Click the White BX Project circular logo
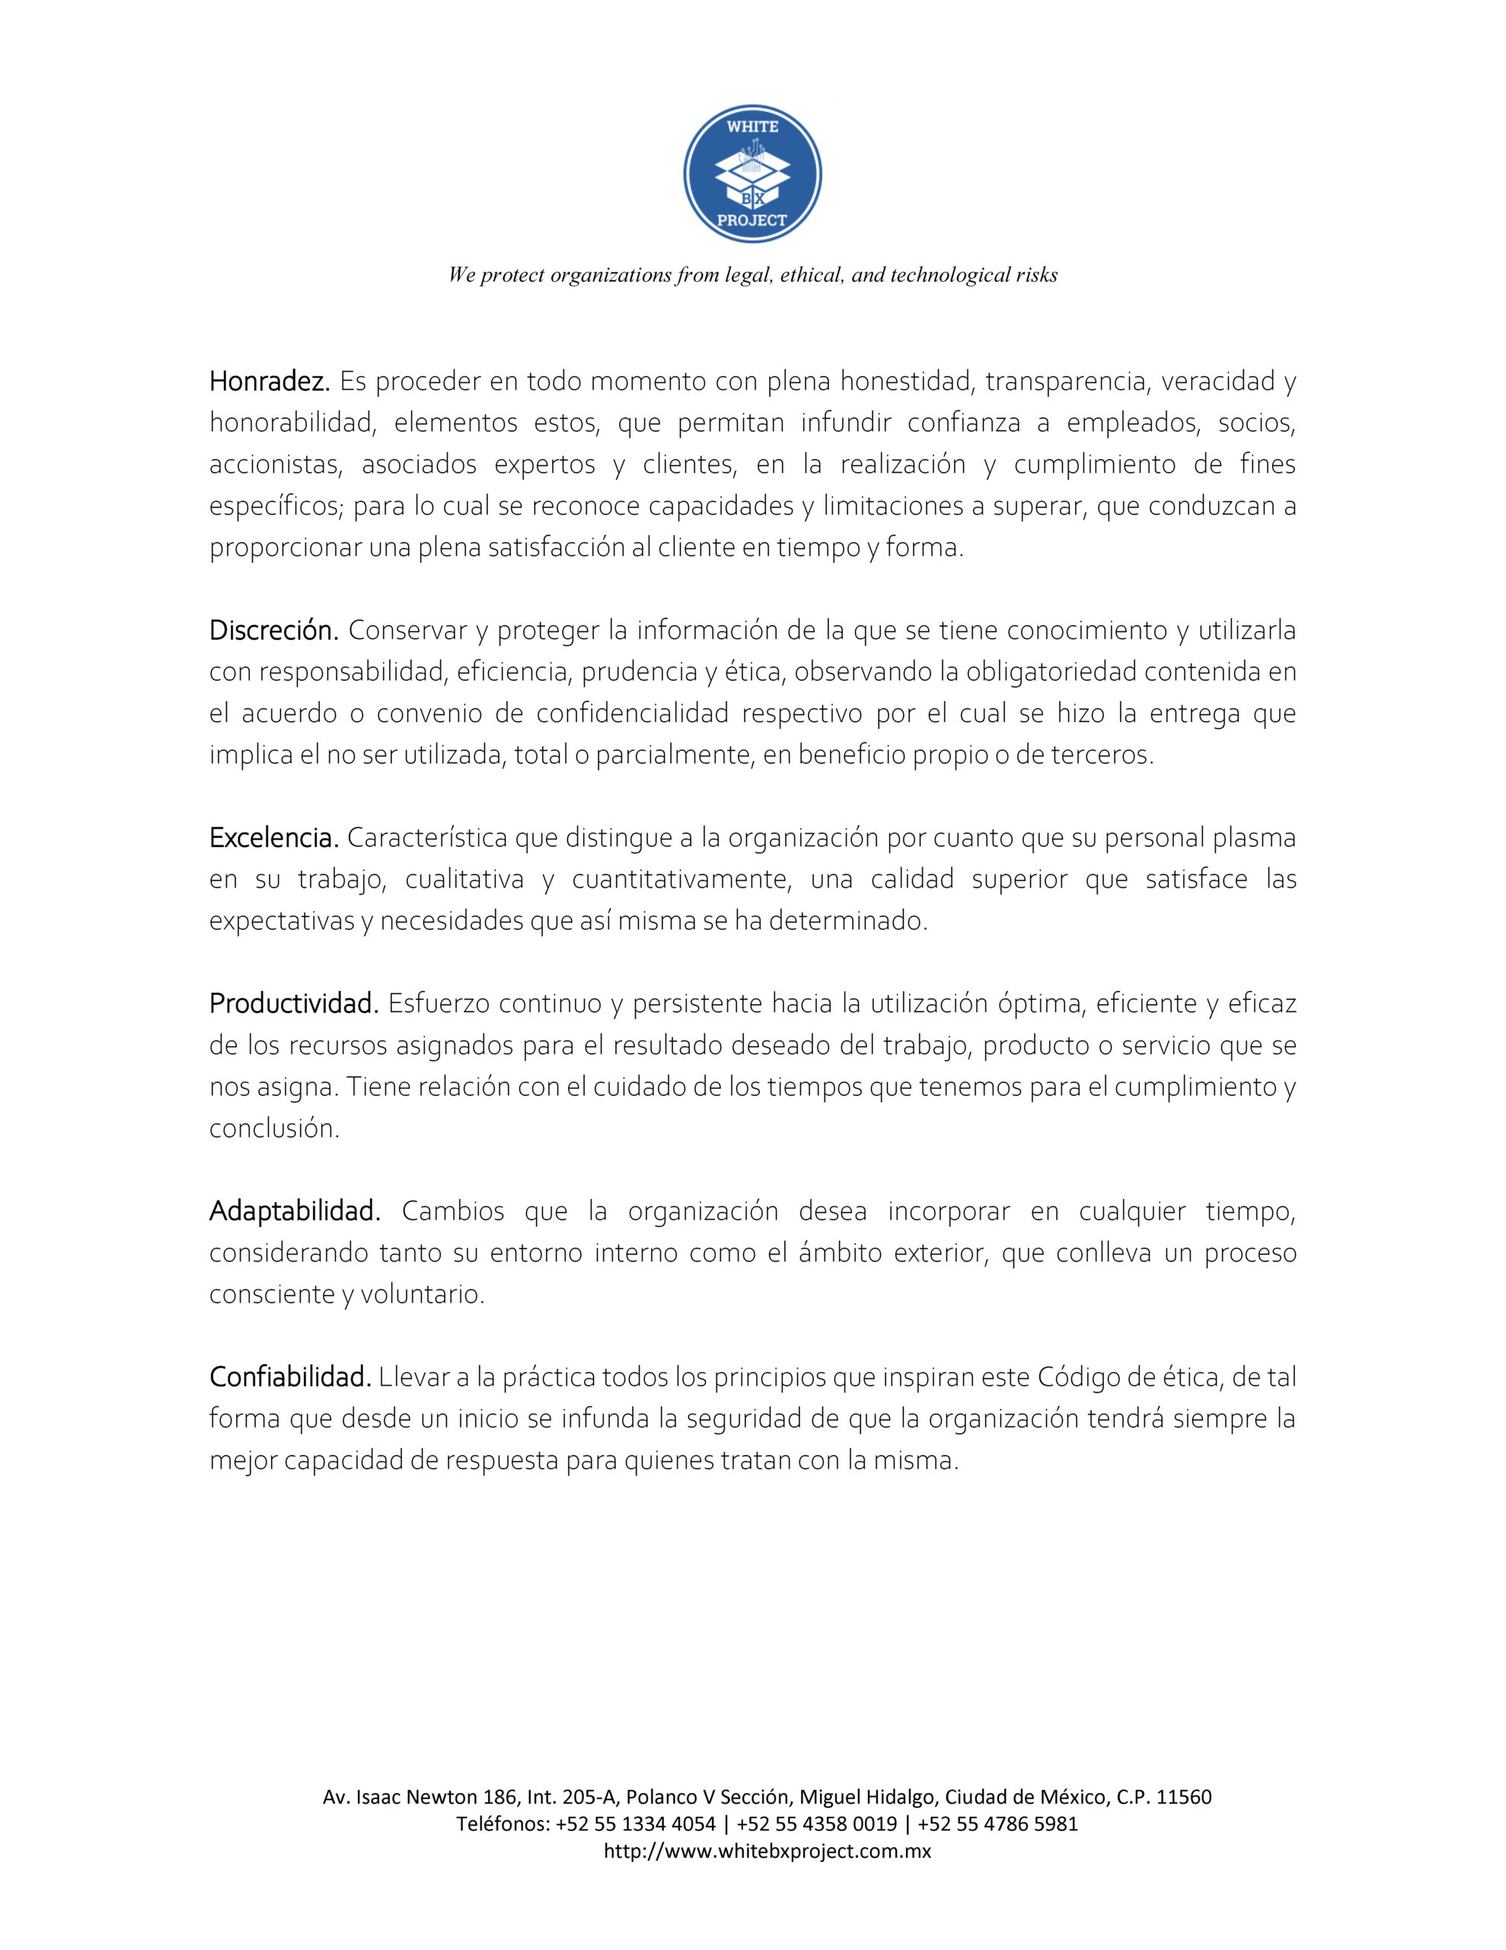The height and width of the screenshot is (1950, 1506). [x=752, y=174]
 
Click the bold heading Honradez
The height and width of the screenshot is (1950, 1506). [x=270, y=382]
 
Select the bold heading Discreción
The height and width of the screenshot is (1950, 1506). [x=273, y=631]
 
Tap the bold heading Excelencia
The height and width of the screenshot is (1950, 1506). [x=273, y=839]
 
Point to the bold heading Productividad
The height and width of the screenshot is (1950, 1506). [x=294, y=1005]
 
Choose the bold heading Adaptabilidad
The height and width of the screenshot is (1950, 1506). [x=295, y=1212]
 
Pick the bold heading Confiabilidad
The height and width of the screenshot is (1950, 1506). [x=289, y=1378]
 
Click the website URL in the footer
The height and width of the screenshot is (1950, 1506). [x=767, y=1851]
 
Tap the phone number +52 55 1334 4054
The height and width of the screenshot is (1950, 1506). [x=635, y=1824]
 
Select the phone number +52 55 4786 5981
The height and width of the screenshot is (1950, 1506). [x=997, y=1824]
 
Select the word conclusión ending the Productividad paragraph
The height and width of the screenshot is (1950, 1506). [x=274, y=1130]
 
